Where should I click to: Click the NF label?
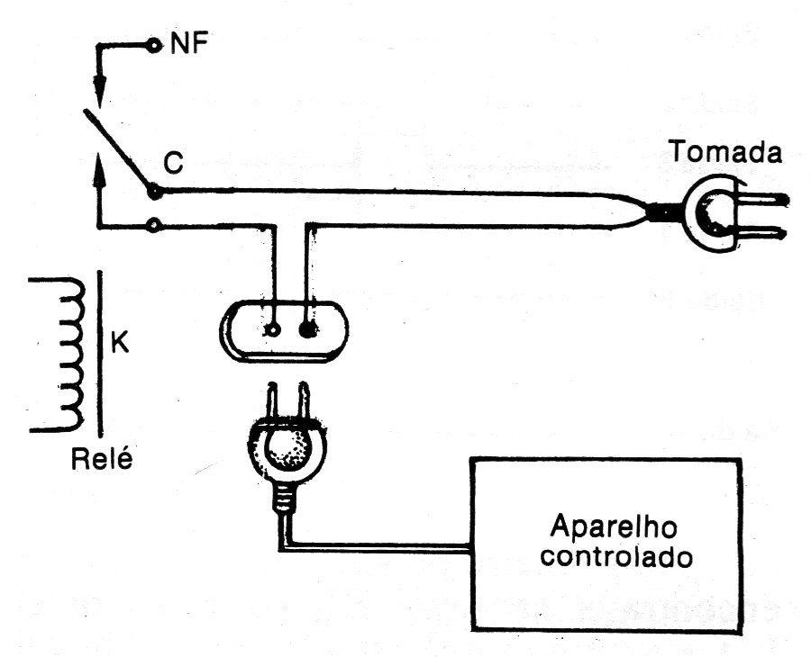tap(189, 44)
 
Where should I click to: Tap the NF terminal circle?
tap(153, 46)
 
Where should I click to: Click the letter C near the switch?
tap(174, 162)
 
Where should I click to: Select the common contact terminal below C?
tap(154, 192)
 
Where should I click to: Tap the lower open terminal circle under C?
tap(153, 225)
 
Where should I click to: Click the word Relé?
tap(102, 459)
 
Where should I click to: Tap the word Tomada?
tap(725, 152)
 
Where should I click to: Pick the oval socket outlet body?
tap(284, 330)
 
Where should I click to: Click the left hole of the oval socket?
tap(272, 329)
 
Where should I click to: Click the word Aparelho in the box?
tap(614, 526)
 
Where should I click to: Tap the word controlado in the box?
tap(615, 557)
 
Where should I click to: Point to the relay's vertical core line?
tap(100, 354)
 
